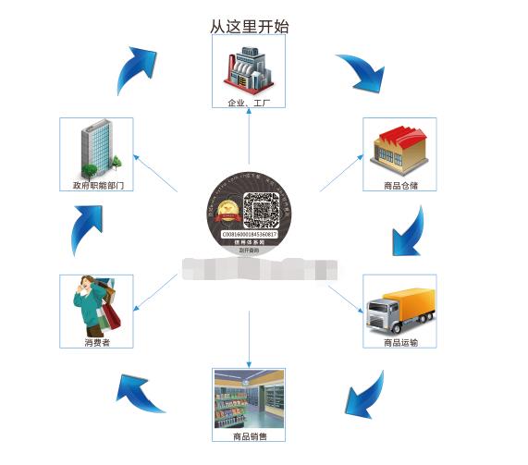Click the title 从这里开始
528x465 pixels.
coord(250,27)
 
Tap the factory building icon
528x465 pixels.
coord(250,67)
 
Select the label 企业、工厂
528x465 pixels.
coord(250,102)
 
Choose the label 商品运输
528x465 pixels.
coord(399,343)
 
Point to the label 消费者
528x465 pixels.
coord(95,343)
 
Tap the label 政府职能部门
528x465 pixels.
coord(97,186)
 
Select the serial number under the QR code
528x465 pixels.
coord(249,235)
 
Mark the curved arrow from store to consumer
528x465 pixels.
coord(139,390)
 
